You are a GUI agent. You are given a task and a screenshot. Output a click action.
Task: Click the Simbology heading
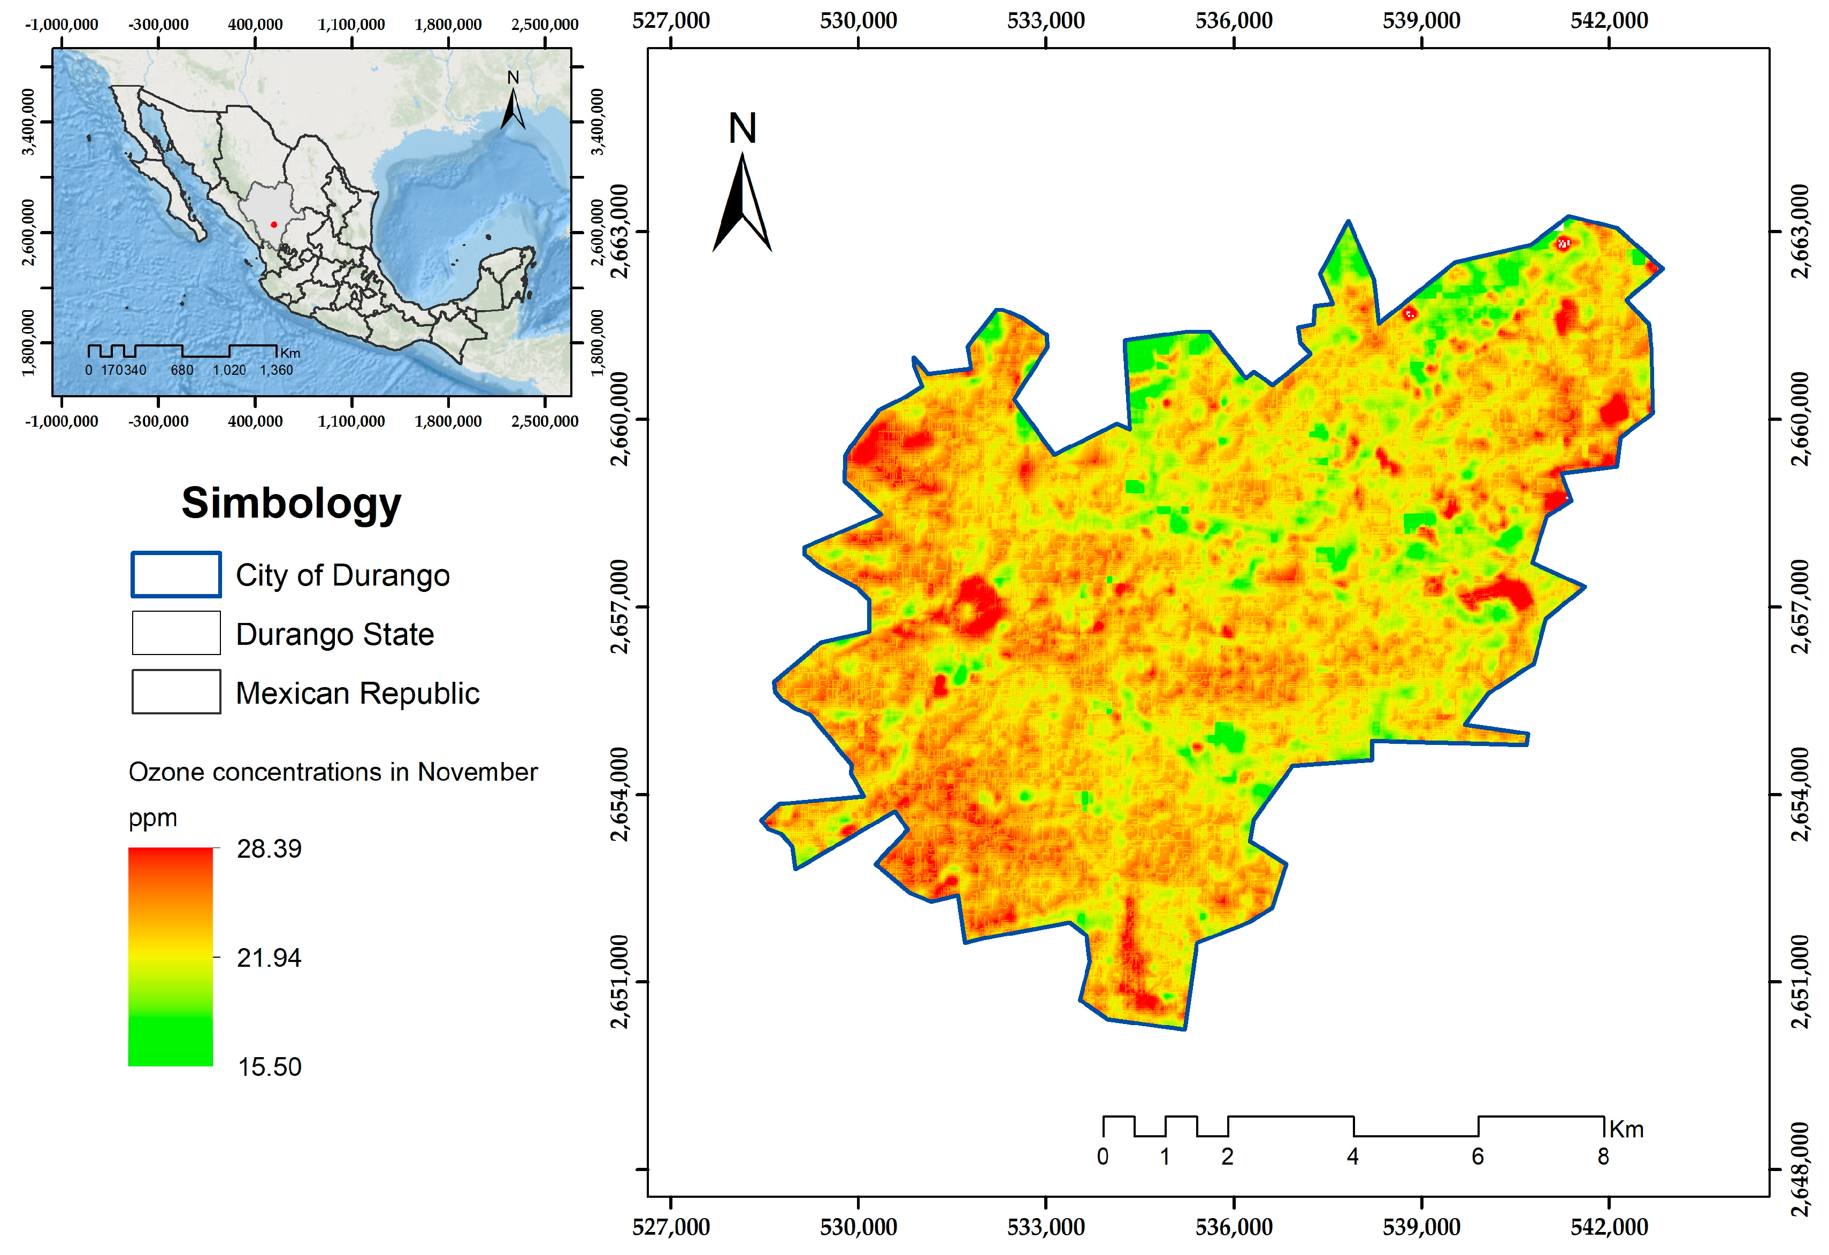[291, 504]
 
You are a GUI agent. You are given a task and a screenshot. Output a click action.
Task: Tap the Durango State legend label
[334, 635]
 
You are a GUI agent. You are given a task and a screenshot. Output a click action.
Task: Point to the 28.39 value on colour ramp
[269, 849]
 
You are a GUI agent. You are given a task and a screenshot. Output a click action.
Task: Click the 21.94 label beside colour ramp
[269, 958]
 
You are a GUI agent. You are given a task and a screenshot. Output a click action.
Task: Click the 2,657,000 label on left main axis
[620, 607]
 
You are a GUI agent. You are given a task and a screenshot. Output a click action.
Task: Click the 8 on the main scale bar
[1603, 1157]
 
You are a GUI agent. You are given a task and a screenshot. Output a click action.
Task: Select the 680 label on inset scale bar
[182, 371]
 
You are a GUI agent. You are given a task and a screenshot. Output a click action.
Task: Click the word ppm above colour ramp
[152, 818]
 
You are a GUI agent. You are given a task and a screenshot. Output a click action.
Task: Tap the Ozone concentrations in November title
[333, 773]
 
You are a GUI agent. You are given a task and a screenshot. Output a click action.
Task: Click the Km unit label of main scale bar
[1626, 1130]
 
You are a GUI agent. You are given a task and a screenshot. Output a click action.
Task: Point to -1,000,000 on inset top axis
[62, 25]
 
